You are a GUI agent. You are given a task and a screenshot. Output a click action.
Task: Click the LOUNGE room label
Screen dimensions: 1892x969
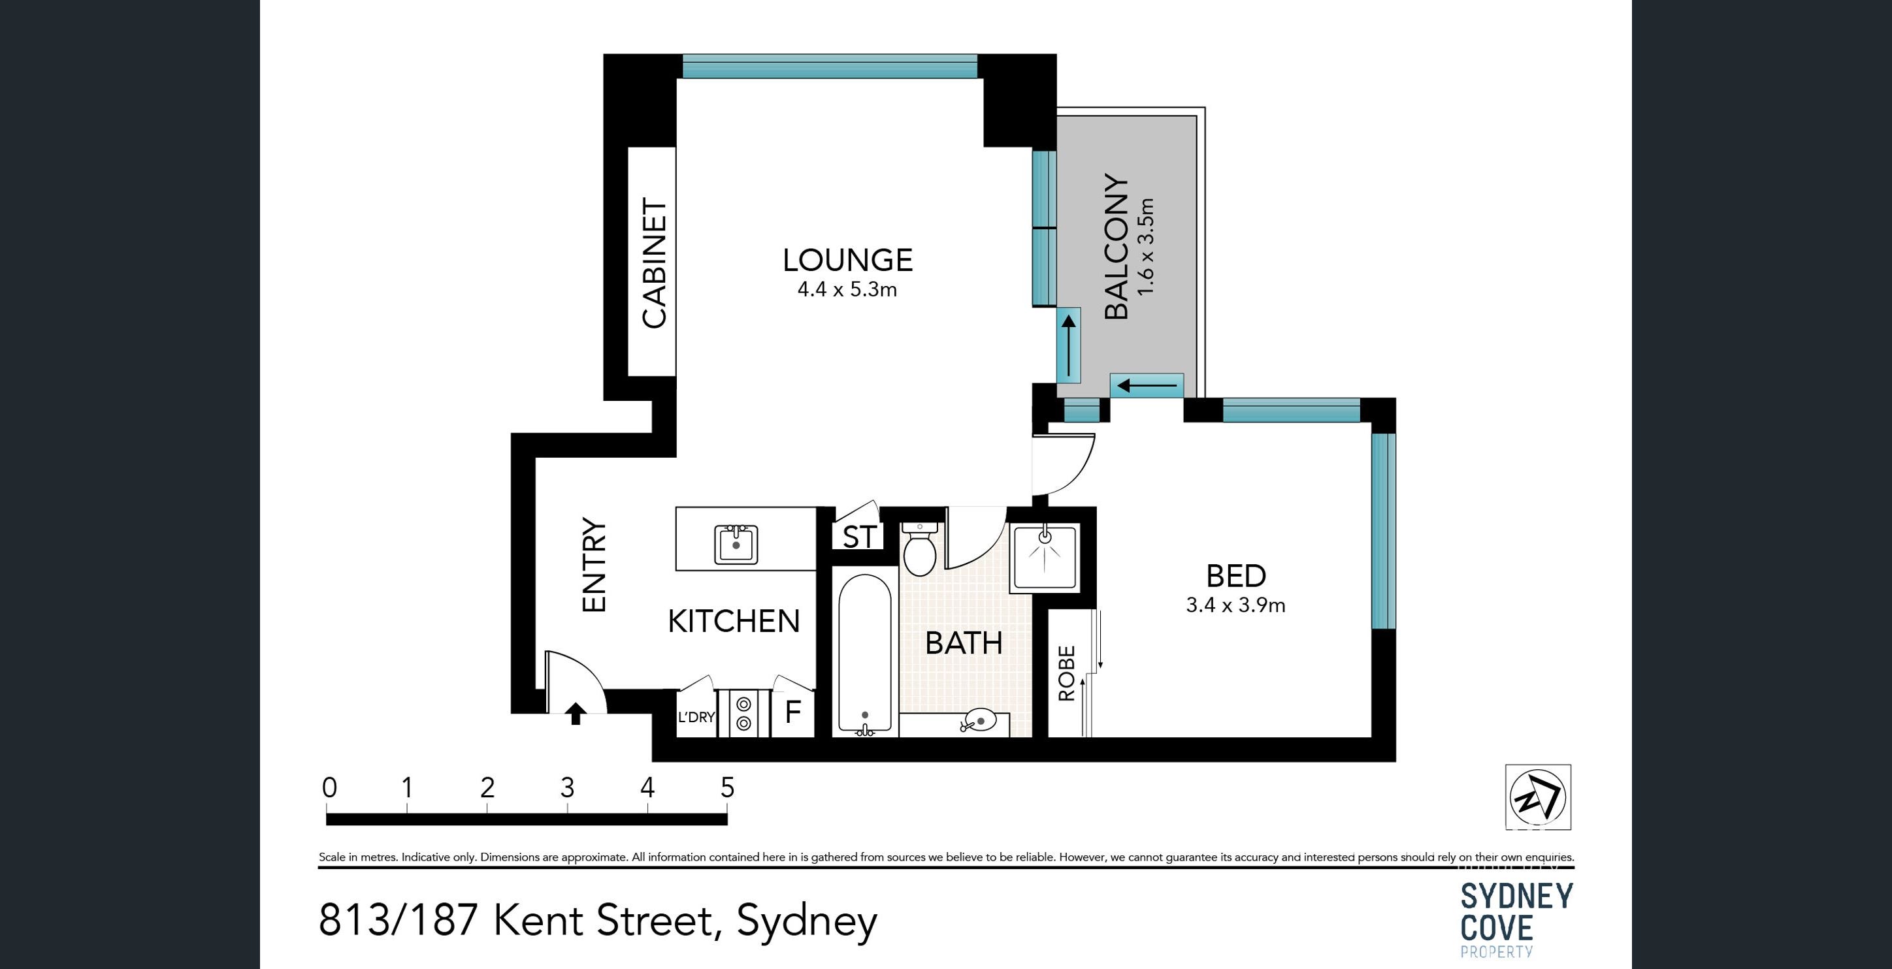tap(847, 260)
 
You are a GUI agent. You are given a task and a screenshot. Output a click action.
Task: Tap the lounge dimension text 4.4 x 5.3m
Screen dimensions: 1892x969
tap(847, 290)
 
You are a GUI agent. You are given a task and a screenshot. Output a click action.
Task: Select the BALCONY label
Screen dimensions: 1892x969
tap(1117, 247)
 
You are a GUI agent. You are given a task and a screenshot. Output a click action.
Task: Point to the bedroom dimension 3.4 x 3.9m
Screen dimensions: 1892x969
tap(1235, 606)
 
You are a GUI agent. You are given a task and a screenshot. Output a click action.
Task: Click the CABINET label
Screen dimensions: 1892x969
tap(654, 262)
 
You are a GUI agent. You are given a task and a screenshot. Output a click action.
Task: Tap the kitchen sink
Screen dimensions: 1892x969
tap(736, 545)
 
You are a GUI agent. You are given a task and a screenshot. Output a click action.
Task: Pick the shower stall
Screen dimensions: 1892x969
tap(1046, 557)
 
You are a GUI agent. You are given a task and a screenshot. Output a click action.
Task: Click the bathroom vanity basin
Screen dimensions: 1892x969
tap(977, 721)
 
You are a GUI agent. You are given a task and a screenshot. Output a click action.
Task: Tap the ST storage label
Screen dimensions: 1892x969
tap(859, 537)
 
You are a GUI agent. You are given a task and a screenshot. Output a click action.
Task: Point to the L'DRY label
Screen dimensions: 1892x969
tap(696, 716)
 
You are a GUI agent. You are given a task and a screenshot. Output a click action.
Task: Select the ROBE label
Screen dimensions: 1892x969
tap(1066, 673)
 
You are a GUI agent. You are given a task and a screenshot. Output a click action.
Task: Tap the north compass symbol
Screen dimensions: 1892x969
tap(1538, 797)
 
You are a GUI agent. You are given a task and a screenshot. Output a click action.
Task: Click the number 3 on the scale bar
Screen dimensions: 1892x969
tap(567, 787)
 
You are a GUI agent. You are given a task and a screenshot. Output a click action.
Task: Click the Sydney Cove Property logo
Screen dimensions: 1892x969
tap(1516, 920)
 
